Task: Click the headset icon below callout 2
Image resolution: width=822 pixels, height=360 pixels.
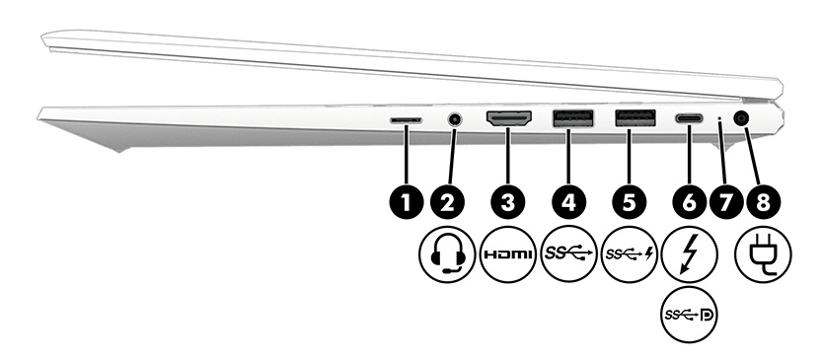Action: coord(449,254)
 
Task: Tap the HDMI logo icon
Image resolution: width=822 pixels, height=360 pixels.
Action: coord(508,254)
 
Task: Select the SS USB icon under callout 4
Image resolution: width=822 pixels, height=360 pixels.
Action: coord(568,254)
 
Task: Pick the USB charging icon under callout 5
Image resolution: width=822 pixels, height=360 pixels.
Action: coord(629,254)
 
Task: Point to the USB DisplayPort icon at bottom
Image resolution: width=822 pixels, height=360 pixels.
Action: coord(689,316)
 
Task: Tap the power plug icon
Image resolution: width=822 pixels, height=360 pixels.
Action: coord(762,254)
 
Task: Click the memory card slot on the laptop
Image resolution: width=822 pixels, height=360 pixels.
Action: coord(405,120)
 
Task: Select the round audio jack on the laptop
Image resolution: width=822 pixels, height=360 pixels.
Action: coord(454,119)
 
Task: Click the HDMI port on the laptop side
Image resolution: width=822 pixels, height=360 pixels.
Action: coord(508,119)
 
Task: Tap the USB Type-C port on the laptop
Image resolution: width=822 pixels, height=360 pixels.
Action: coord(688,119)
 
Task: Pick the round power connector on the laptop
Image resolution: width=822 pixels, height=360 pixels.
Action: coord(741,119)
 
